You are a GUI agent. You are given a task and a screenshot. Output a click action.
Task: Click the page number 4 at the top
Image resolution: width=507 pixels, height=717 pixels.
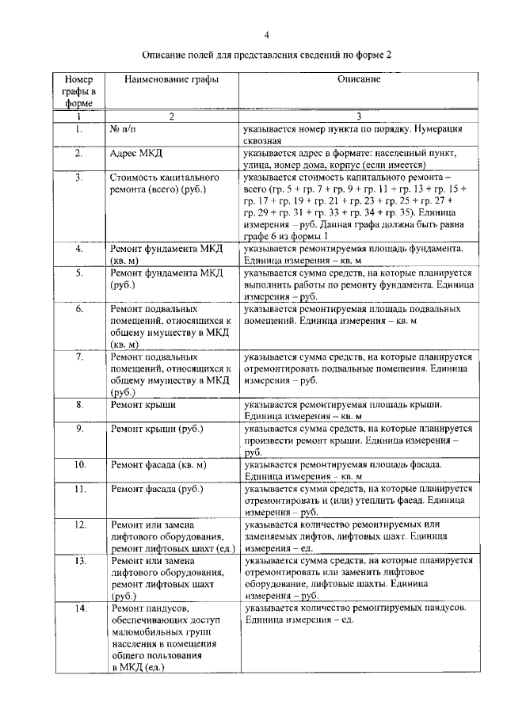[266, 35]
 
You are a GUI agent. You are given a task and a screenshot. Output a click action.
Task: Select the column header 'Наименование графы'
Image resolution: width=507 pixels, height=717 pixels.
[165, 79]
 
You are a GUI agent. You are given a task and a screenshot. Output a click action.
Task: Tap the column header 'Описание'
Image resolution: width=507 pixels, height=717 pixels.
[359, 79]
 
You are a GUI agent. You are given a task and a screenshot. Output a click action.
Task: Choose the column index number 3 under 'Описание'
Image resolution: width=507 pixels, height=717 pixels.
[358, 116]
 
